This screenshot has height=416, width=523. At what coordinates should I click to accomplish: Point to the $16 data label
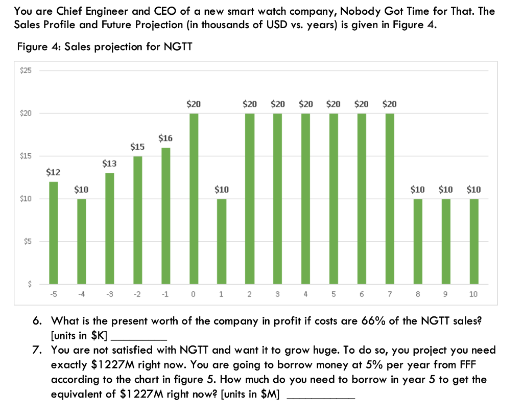pos(165,138)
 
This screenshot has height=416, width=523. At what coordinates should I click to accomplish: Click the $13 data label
pos(109,164)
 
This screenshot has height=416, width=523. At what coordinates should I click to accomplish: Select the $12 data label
pos(53,172)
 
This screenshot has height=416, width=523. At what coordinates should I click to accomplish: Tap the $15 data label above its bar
pos(137,147)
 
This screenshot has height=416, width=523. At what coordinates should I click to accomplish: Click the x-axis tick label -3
pos(109,294)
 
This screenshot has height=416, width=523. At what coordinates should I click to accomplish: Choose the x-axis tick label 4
pos(305,294)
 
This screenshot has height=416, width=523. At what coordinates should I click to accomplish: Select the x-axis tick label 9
pos(445,294)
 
